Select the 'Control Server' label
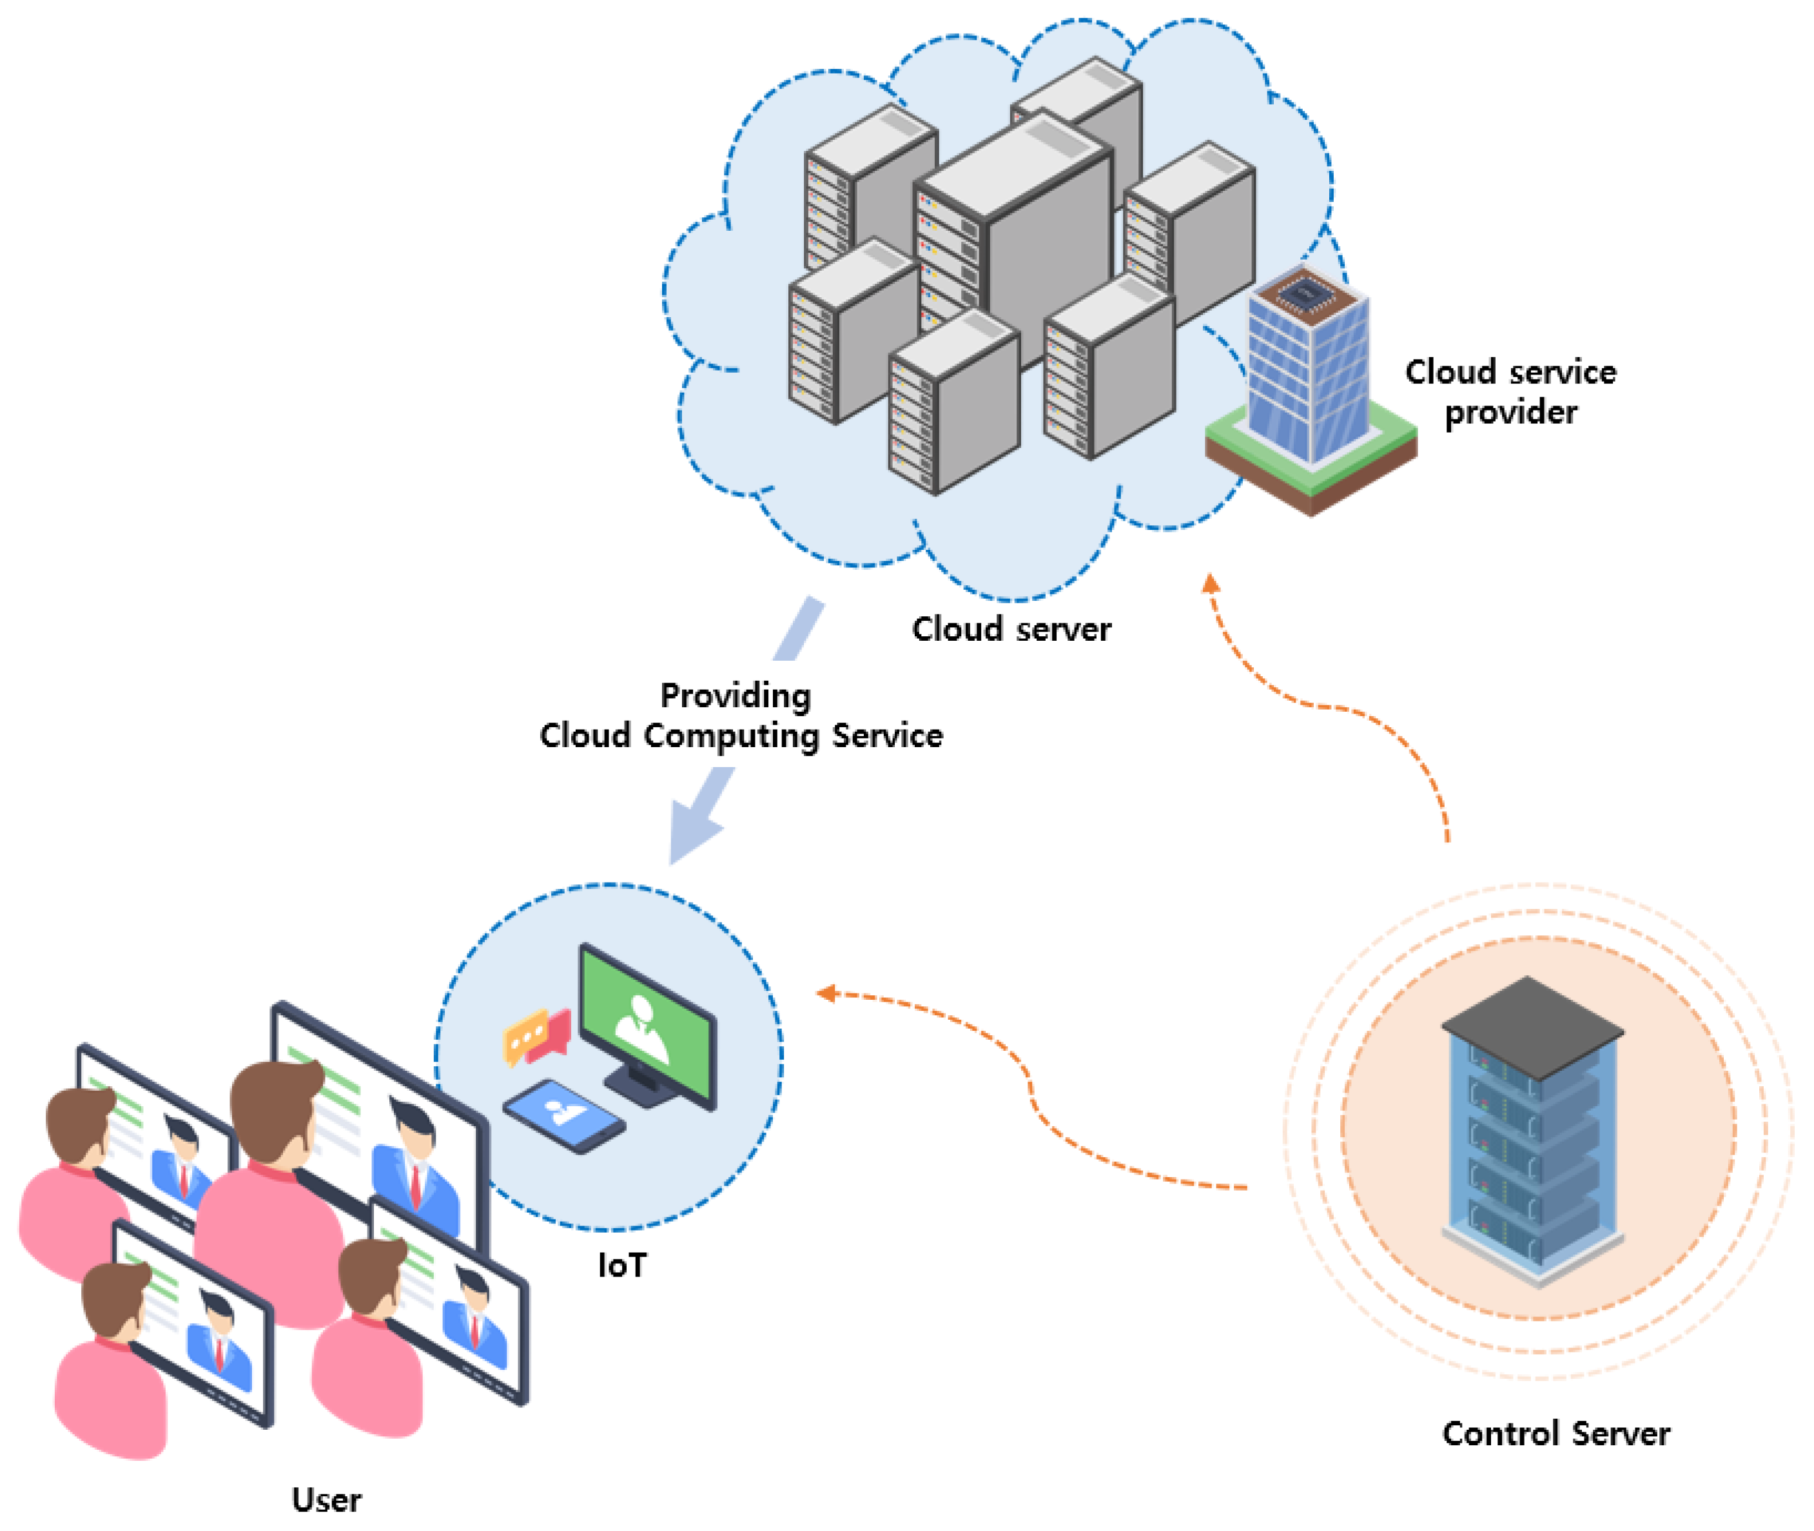[x=1556, y=1433]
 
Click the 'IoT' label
[x=621, y=1265]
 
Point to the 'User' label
[x=326, y=1499]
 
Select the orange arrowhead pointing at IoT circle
[x=825, y=993]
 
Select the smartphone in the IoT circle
[x=564, y=1115]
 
